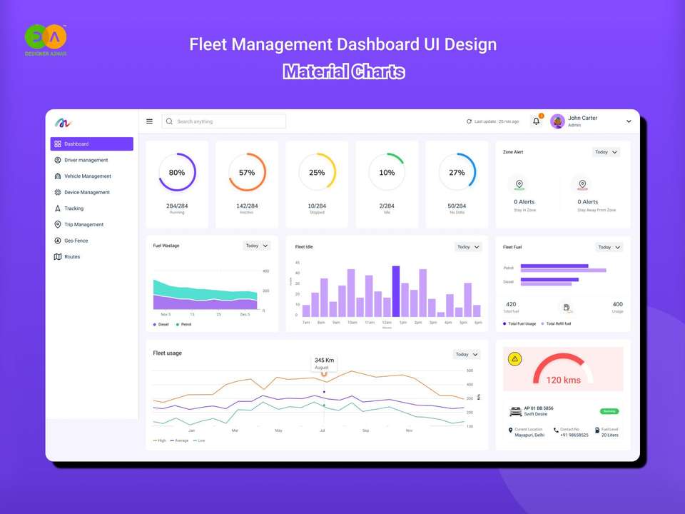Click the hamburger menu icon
tap(149, 121)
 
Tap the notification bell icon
tap(537, 121)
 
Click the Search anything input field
tap(224, 121)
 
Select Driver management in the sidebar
tap(86, 160)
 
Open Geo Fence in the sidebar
tap(76, 241)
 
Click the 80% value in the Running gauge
tap(177, 173)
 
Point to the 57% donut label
tap(247, 173)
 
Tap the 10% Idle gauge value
tap(387, 173)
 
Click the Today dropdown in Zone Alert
tap(606, 152)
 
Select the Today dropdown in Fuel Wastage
tap(256, 246)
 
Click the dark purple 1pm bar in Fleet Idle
tap(396, 291)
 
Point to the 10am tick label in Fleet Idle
tap(352, 323)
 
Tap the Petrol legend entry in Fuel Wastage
tap(184, 325)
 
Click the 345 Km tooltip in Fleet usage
tap(324, 363)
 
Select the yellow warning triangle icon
tap(515, 359)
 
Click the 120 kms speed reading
tap(563, 380)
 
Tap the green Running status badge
tap(609, 411)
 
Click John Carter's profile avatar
tap(557, 121)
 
